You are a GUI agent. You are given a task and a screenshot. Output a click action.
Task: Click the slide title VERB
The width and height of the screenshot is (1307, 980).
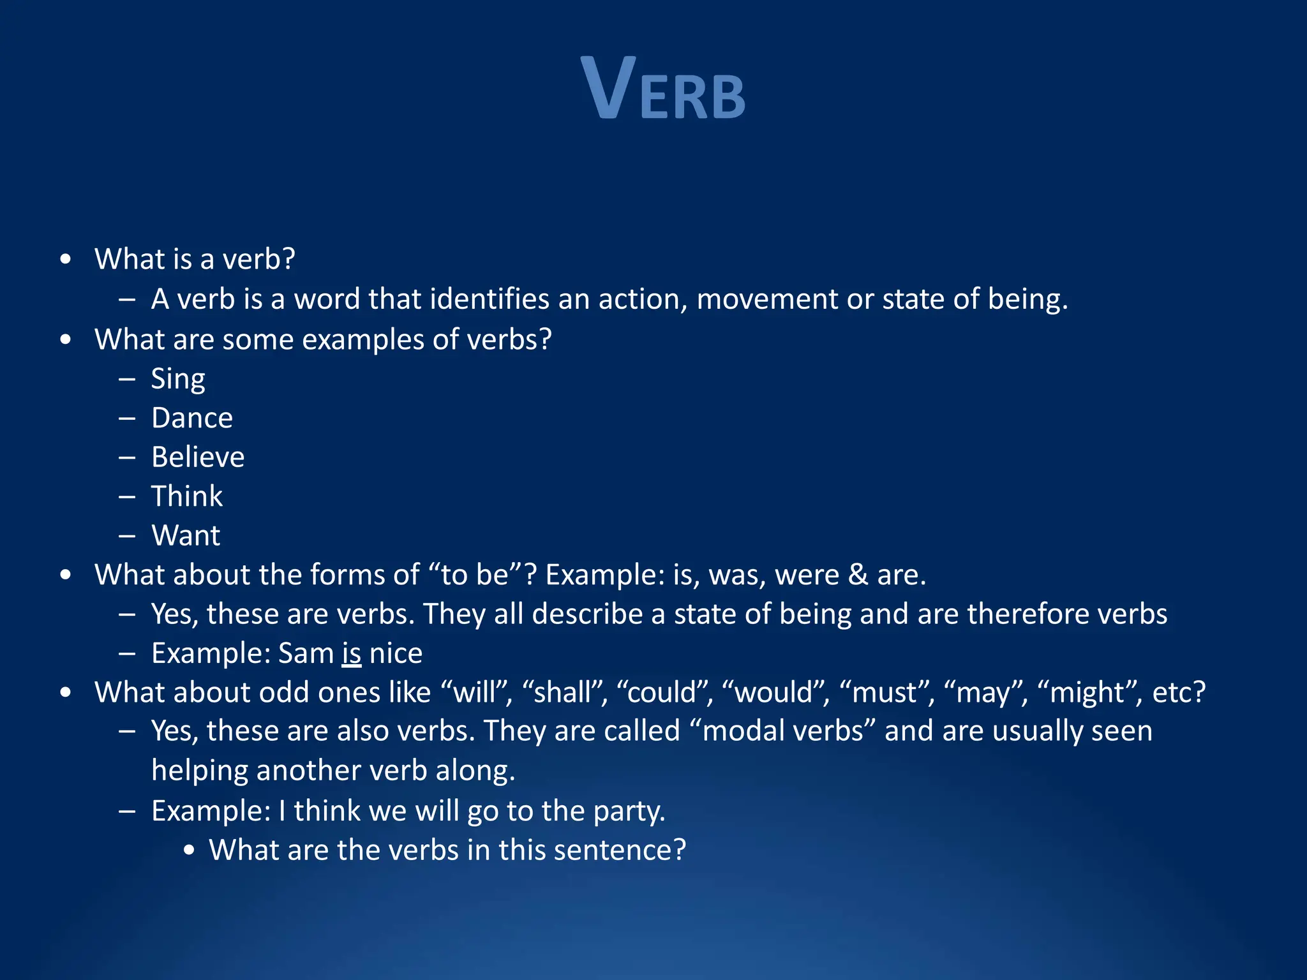[663, 89]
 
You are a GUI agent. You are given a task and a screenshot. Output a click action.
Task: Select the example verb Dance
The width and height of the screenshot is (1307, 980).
[192, 419]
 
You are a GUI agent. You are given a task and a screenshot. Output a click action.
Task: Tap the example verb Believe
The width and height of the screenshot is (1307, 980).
[198, 457]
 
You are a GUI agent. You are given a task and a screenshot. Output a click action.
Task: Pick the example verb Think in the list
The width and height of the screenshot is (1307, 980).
[187, 496]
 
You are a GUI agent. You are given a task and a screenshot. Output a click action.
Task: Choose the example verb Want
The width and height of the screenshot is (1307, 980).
[186, 536]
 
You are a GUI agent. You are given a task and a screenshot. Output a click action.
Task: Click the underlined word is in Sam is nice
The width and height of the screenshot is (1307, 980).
[352, 653]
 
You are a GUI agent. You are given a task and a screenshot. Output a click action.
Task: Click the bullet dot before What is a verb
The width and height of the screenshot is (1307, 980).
[65, 260]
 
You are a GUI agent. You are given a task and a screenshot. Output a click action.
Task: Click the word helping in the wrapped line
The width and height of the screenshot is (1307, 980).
[200, 771]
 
